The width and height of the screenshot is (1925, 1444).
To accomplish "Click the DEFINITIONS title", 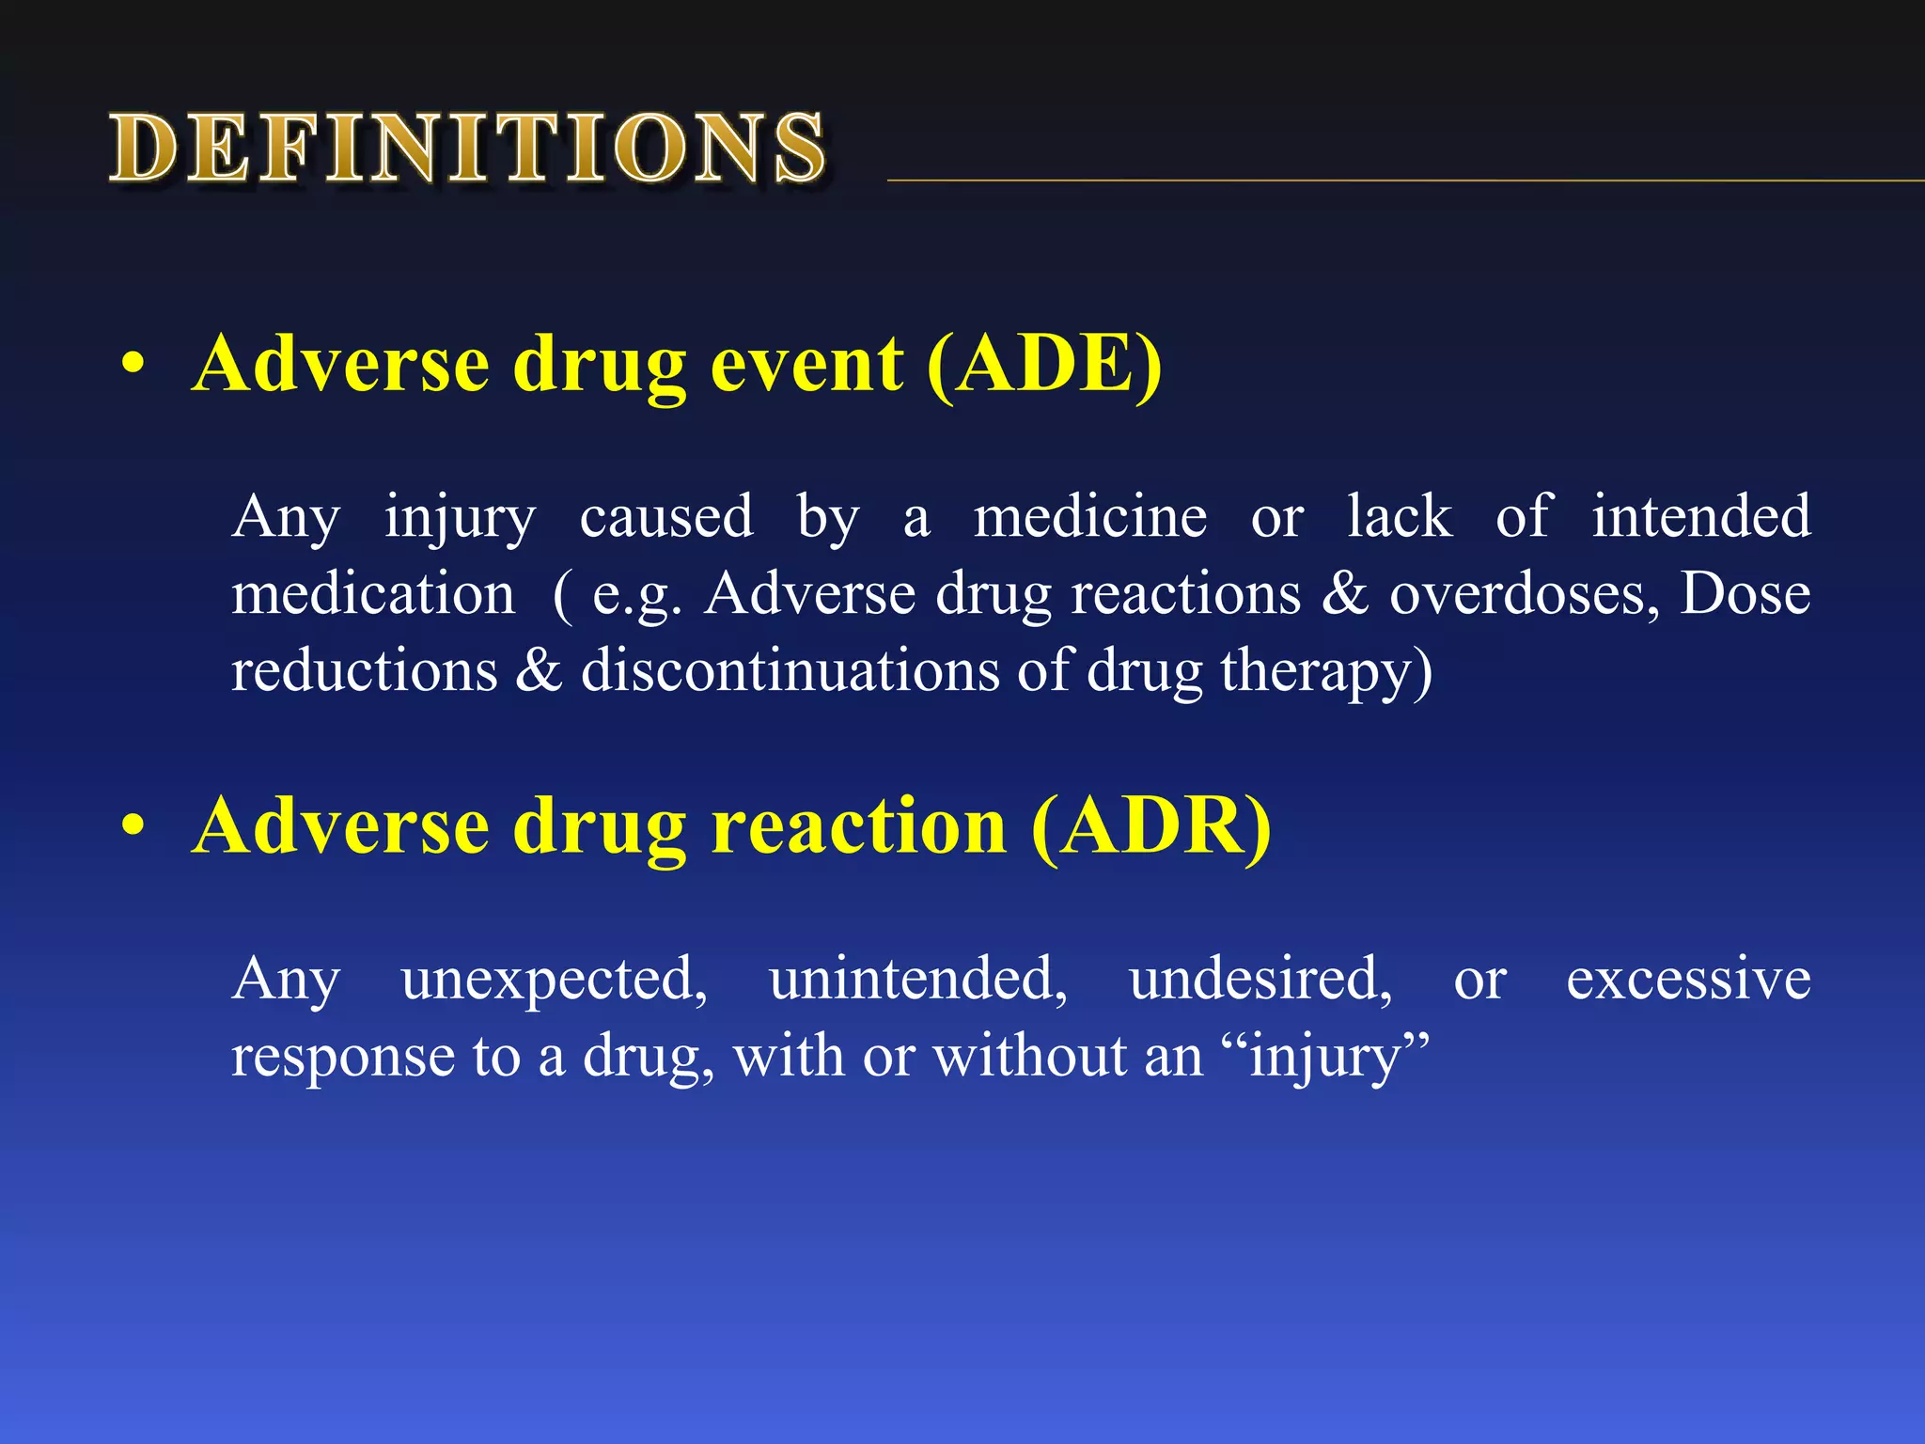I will tap(467, 148).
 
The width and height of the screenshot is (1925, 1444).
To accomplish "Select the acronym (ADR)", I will tap(1150, 826).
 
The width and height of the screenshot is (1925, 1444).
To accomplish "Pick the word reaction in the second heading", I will tap(858, 826).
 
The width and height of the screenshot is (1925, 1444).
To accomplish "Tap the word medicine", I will tap(1089, 517).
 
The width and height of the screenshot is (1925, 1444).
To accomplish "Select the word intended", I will tap(1700, 517).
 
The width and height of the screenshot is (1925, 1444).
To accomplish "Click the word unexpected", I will tap(554, 980).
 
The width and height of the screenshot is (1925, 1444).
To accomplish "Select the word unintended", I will tap(917, 980).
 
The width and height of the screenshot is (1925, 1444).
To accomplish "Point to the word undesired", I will tap(1260, 980).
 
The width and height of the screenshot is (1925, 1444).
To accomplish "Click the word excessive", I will tap(1688, 980).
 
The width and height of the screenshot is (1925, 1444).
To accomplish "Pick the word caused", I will tap(665, 517).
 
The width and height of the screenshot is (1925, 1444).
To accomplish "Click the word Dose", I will tap(1745, 595).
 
